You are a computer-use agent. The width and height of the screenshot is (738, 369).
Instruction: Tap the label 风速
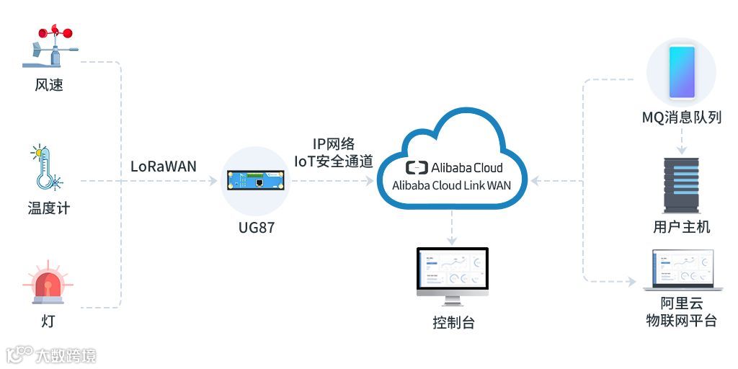[49, 85]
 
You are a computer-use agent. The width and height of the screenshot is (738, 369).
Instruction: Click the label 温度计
[49, 208]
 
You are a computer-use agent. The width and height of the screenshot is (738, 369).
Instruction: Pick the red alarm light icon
[48, 285]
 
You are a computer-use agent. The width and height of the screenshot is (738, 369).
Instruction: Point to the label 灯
[48, 321]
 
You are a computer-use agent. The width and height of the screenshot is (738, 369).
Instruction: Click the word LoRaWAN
[164, 166]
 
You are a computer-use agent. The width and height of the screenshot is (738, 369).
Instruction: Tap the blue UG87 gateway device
[257, 181]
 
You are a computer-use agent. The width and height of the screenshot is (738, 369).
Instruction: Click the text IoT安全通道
[333, 161]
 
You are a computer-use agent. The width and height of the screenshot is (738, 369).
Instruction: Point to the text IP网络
[333, 144]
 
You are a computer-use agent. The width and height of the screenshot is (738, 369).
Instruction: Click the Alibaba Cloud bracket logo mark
[417, 168]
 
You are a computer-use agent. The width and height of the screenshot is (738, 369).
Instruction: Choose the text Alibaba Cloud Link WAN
[452, 185]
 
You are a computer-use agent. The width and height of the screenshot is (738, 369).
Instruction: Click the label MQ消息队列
[681, 117]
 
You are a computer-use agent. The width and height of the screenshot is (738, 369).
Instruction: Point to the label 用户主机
[681, 227]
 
